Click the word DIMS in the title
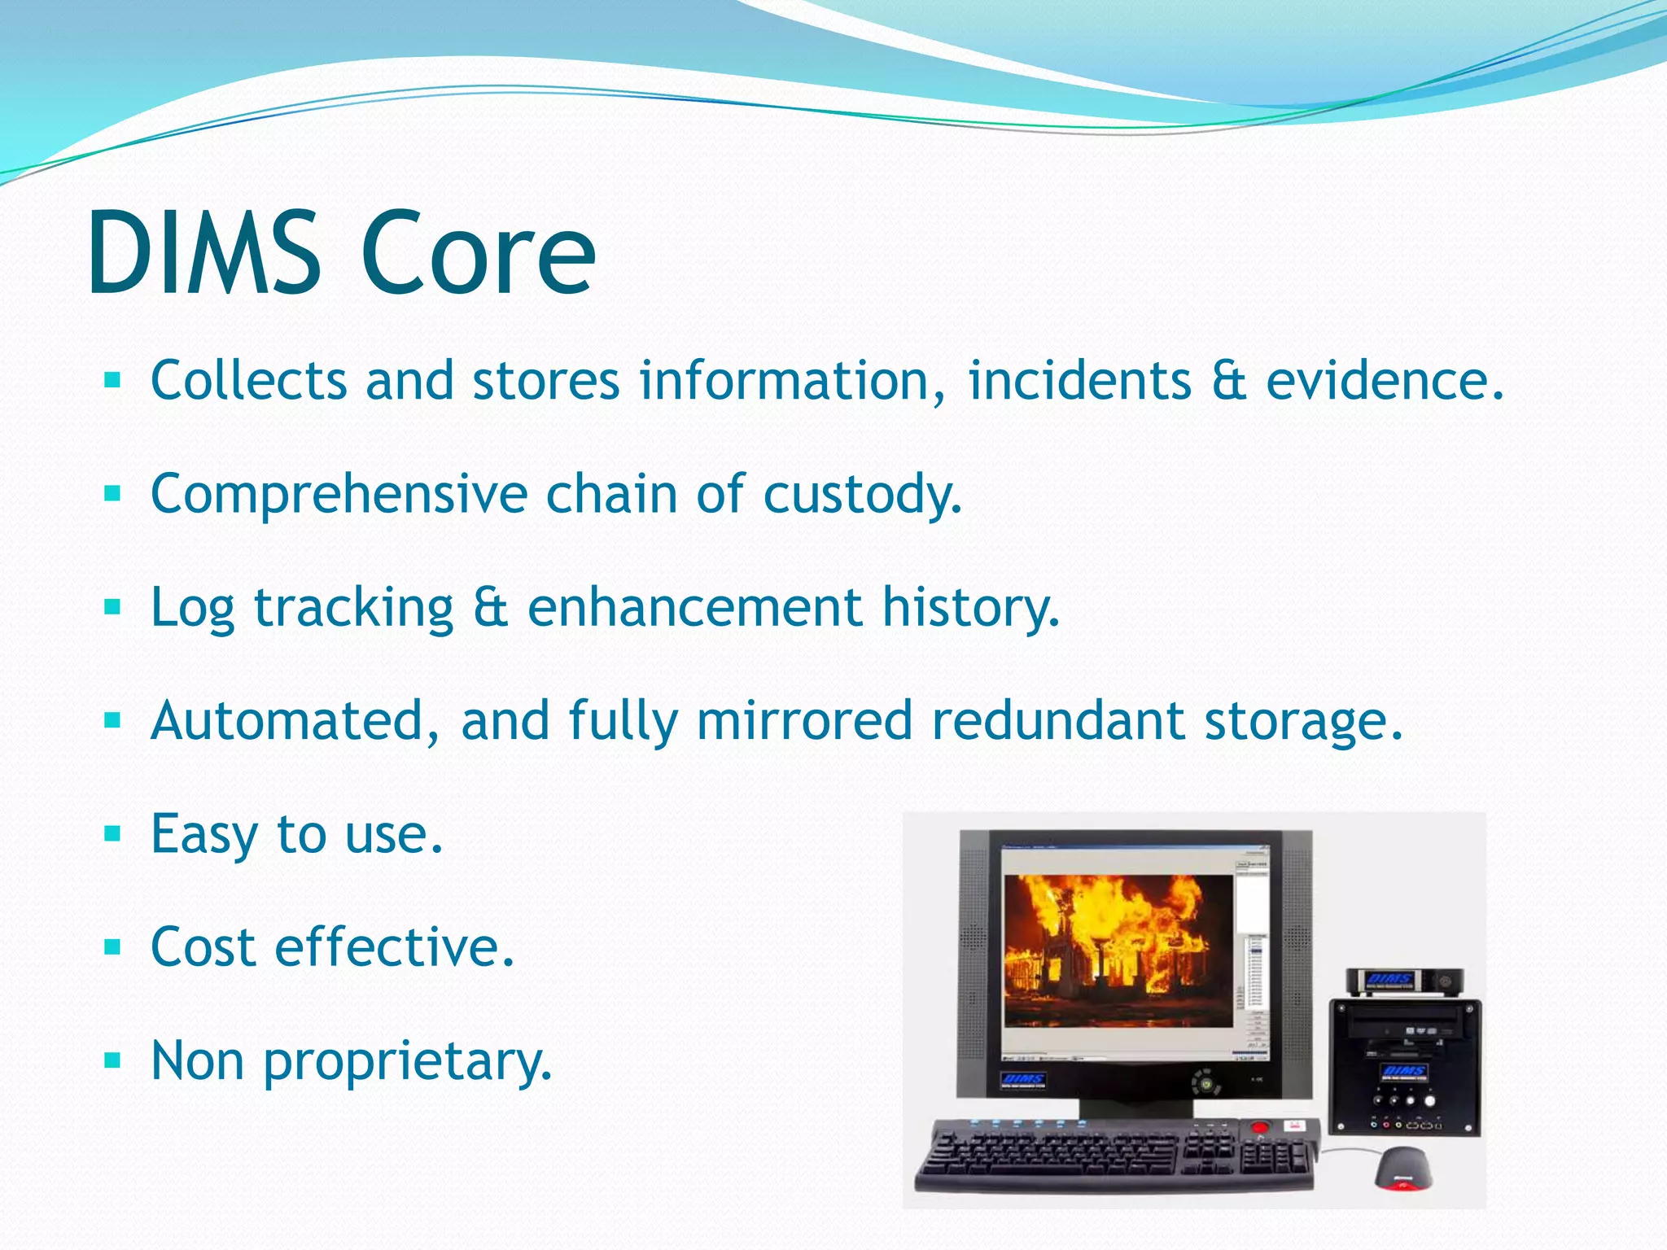click(203, 254)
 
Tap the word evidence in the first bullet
click(1384, 381)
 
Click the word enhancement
click(695, 608)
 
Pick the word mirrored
click(804, 721)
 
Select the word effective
click(395, 948)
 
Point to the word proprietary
click(408, 1062)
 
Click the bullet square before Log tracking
click(112, 607)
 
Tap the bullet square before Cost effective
click(112, 947)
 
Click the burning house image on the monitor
click(1118, 951)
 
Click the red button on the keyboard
click(1260, 1128)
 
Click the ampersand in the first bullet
click(1228, 381)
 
